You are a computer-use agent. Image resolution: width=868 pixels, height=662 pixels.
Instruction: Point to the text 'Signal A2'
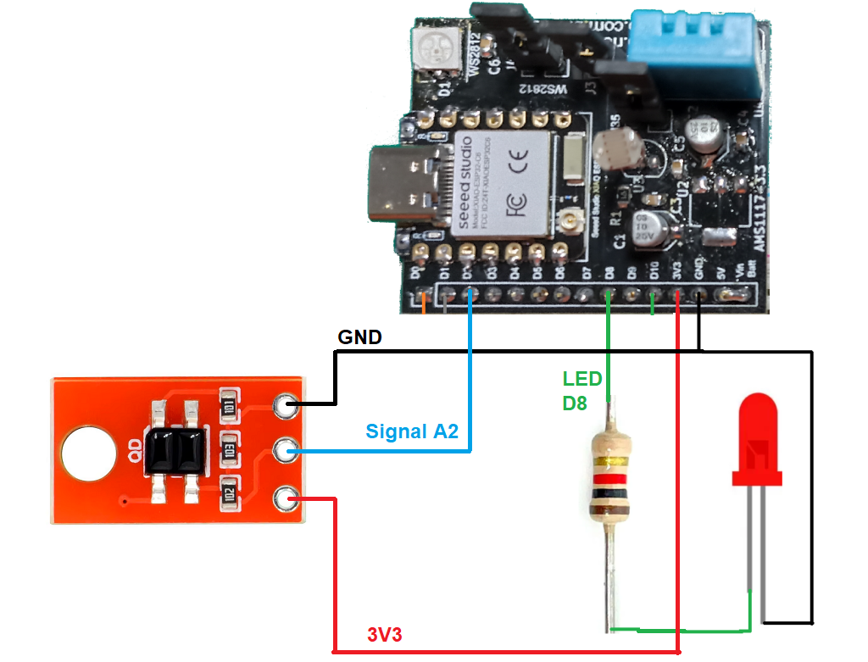click(x=412, y=431)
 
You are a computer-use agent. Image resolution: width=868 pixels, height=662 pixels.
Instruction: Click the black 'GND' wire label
click(x=359, y=337)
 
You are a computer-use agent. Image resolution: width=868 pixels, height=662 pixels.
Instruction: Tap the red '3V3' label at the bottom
click(x=385, y=636)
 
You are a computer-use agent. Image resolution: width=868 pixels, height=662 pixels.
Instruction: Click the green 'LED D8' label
click(x=582, y=390)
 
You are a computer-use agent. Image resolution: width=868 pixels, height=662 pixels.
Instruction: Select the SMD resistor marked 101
click(x=230, y=406)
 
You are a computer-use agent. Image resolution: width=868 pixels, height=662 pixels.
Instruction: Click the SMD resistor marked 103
click(x=230, y=451)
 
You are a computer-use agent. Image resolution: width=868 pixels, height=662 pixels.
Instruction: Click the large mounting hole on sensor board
click(x=88, y=451)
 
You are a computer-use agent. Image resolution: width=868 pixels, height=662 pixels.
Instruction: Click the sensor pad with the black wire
click(x=287, y=407)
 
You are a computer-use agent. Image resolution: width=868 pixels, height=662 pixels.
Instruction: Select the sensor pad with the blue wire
click(x=287, y=452)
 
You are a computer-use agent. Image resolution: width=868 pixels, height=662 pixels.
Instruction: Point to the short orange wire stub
click(x=423, y=300)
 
